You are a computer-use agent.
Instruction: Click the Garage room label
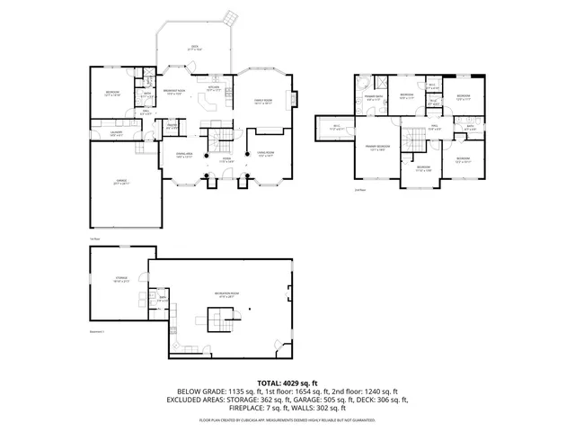(121, 182)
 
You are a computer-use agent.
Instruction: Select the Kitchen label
(214, 88)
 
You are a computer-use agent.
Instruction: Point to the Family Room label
(262, 102)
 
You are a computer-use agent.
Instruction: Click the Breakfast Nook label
(173, 92)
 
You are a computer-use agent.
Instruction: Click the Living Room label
(265, 155)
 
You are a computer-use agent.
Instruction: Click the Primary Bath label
(375, 97)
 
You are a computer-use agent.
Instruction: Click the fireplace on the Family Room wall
(294, 99)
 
